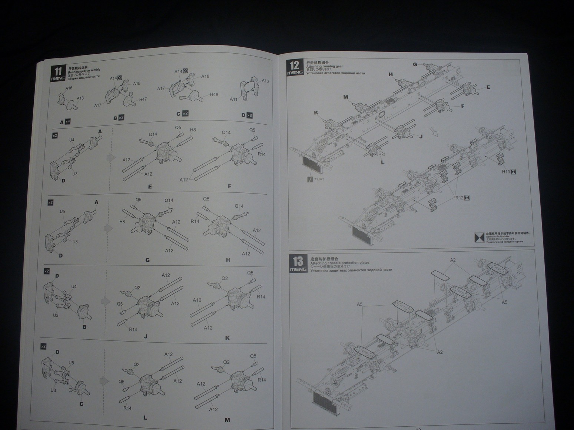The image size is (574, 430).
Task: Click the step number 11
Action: [58, 71]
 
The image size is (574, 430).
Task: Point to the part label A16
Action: [69, 88]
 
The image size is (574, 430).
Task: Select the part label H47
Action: [143, 99]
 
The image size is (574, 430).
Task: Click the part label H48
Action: [214, 94]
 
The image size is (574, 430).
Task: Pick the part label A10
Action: [265, 81]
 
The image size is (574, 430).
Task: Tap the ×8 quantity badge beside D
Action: [250, 115]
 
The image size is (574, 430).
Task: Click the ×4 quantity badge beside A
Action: [68, 122]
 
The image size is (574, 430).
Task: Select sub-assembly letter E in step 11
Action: [150, 187]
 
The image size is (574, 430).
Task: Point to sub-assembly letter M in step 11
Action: [227, 420]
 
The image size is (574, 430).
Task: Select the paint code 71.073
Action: [319, 179]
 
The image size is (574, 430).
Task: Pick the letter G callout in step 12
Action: [415, 64]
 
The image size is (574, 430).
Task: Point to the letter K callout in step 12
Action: [316, 112]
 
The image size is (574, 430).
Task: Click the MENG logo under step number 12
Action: [295, 73]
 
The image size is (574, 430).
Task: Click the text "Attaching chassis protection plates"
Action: [340, 263]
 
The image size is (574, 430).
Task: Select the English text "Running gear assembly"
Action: [84, 70]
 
